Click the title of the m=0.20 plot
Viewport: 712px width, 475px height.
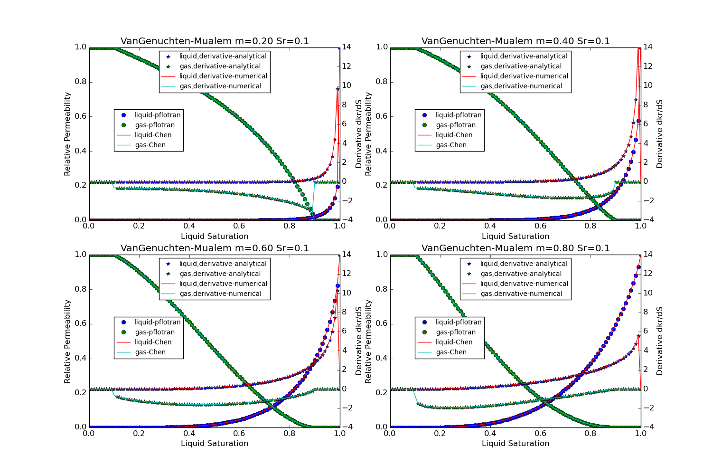coord(215,41)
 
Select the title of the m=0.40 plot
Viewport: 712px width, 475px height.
coord(515,41)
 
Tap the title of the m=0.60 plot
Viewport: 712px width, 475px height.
coord(215,248)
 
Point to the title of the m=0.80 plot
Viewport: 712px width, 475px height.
coord(515,248)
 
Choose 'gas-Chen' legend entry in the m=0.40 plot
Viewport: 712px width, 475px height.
coord(451,145)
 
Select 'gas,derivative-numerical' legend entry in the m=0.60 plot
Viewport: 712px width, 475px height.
coord(220,294)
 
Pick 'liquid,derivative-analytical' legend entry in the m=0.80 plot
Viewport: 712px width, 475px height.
coord(524,264)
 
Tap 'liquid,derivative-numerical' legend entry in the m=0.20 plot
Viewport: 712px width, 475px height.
coord(223,76)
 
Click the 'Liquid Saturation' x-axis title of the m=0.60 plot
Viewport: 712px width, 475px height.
coord(215,443)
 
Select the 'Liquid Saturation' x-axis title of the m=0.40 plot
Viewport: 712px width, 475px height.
coord(515,236)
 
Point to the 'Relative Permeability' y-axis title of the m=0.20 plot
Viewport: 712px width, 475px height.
coord(67,134)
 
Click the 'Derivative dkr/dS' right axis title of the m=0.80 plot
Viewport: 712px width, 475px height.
coord(660,341)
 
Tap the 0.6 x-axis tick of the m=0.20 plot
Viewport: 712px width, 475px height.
coord(240,226)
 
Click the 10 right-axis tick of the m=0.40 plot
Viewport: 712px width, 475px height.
coord(647,85)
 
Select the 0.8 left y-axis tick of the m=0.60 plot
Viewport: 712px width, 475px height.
coord(81,289)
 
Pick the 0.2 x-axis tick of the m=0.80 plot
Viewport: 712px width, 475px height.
coord(440,433)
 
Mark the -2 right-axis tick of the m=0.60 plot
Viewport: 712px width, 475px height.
coord(347,408)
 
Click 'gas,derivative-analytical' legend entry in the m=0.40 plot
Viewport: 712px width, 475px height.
coord(521,66)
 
